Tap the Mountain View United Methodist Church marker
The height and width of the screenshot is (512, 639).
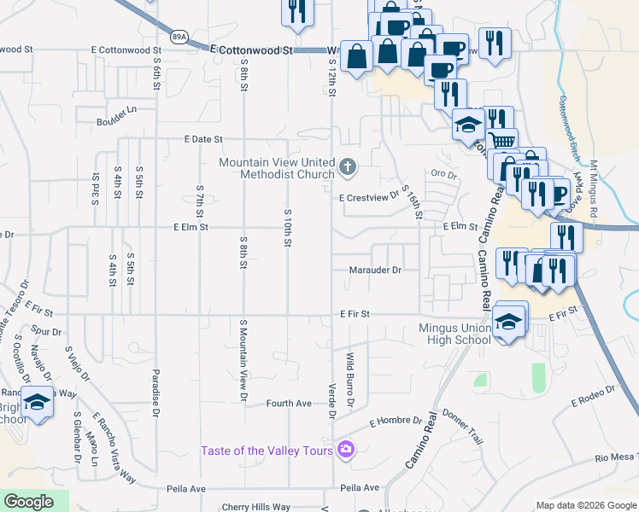click(x=347, y=167)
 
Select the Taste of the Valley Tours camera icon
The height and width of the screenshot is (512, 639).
click(x=345, y=449)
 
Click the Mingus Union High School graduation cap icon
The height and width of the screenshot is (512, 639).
click(x=508, y=322)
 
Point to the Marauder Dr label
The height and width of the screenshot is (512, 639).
click(x=375, y=271)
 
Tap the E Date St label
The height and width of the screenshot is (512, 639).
click(x=203, y=138)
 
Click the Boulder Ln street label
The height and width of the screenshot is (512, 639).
click(x=116, y=110)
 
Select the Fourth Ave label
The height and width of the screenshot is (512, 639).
click(x=289, y=403)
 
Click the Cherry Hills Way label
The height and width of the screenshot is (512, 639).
click(x=256, y=507)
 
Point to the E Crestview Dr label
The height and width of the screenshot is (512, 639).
click(x=369, y=197)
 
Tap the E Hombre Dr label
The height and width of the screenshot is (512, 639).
click(x=396, y=422)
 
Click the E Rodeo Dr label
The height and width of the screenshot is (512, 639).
click(x=593, y=393)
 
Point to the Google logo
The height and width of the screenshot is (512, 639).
click(x=28, y=502)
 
